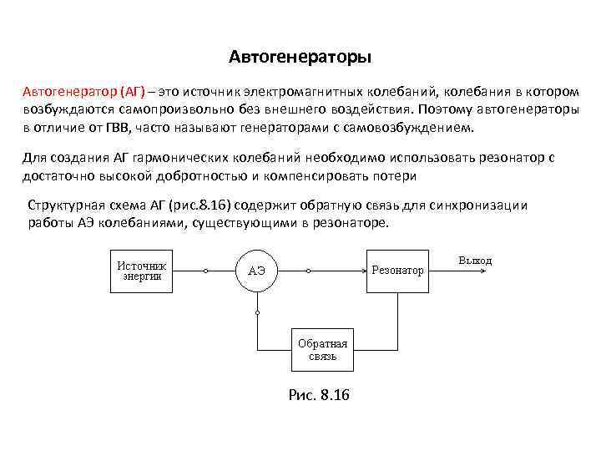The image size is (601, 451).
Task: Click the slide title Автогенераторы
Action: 300,58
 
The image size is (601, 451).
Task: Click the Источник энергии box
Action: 141,271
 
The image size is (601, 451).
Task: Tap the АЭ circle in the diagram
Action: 257,271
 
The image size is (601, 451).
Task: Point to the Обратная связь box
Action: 322,349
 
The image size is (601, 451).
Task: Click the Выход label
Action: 475,261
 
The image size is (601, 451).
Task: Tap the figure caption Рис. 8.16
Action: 319,394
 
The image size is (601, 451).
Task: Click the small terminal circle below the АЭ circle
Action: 258,312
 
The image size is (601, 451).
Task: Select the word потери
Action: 396,175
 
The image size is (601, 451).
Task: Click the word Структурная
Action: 68,205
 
